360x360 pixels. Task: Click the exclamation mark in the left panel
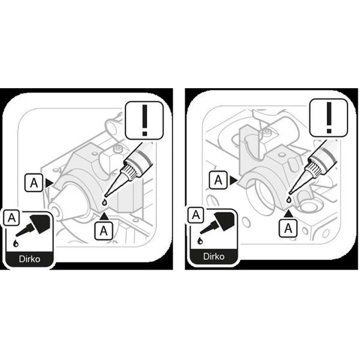144,120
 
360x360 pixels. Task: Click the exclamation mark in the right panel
329,117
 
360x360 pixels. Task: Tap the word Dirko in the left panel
30,259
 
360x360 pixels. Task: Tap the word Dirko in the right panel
214,256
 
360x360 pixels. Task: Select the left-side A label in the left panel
34,183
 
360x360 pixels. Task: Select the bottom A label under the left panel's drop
104,230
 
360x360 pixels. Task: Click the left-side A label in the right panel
218,180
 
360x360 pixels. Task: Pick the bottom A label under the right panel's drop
288,228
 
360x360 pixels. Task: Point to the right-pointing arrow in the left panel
49,183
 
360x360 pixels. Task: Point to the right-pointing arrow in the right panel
234,180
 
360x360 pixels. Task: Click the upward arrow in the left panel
104,216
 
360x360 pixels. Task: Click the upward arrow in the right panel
288,214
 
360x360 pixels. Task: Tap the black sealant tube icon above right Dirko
218,222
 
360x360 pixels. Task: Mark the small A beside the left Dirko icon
11,217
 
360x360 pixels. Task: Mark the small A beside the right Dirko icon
196,215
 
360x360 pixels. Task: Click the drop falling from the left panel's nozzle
104,202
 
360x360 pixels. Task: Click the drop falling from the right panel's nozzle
288,200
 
